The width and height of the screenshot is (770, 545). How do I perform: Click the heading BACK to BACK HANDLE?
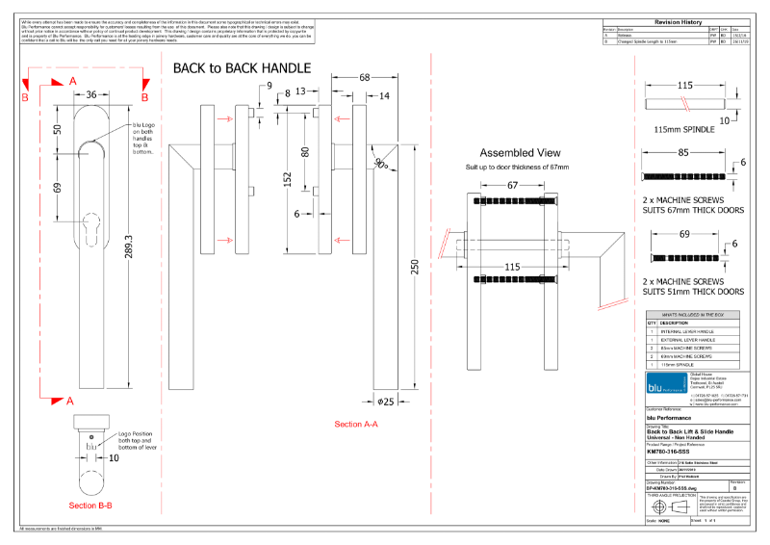242,68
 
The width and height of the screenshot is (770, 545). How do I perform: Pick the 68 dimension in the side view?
365,77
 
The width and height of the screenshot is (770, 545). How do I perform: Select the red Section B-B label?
90,505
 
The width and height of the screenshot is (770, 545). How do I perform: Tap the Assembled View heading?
520,153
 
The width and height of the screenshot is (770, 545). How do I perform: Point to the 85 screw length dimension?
682,152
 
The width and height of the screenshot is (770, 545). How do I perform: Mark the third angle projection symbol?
669,506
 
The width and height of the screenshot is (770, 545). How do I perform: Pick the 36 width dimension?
90,95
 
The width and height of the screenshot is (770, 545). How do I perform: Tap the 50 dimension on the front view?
58,129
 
